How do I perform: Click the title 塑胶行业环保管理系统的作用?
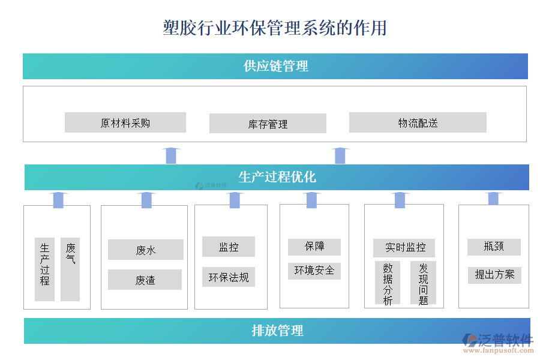274,28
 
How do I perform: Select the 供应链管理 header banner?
275,66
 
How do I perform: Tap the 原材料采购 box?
125,123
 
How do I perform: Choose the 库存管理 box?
268,124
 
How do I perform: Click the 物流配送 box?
418,123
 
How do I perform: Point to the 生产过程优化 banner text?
277,177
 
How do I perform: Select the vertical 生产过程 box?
45,269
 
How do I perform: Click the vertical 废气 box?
70,269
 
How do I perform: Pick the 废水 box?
146,250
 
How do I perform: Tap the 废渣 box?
145,280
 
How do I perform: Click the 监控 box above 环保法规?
229,247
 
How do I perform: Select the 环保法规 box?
229,277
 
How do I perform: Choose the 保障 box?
314,247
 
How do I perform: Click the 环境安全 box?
314,271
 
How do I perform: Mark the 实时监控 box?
405,247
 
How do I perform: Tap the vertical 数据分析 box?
388,283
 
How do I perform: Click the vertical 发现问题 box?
423,283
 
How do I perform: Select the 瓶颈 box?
494,247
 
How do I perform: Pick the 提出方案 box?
494,275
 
